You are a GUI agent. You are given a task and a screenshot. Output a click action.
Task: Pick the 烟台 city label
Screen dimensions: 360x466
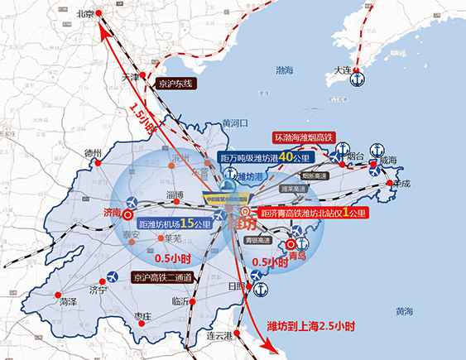coord(353,155)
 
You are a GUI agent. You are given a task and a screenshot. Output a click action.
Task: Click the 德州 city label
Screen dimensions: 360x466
coord(93,154)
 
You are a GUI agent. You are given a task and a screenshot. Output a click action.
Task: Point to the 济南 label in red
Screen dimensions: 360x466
coord(110,213)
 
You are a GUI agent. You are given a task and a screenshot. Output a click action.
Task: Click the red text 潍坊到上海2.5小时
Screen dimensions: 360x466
coord(311,327)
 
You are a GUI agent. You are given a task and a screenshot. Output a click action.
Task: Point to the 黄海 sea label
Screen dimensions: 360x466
coord(403,311)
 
